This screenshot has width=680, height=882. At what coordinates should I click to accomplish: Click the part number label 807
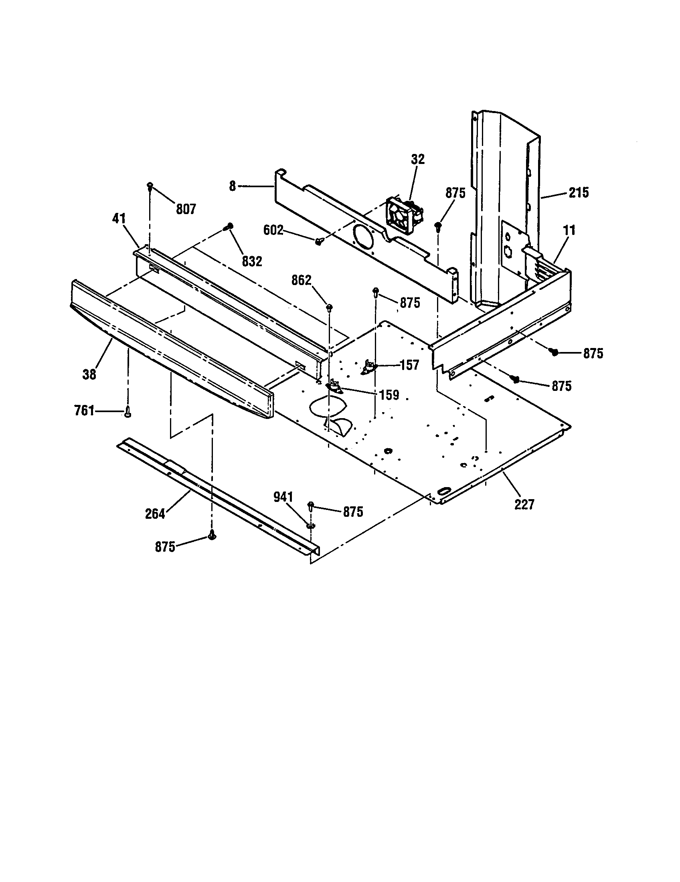186,209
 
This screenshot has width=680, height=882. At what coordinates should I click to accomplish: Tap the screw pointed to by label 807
150,186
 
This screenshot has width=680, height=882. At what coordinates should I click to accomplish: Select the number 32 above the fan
418,160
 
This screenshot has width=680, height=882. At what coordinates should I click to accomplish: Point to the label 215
579,192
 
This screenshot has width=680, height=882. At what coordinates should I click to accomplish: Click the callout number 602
273,230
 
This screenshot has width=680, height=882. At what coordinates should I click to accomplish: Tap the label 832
252,261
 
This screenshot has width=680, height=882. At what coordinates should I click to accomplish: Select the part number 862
301,280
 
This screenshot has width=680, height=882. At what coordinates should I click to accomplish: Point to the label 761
84,411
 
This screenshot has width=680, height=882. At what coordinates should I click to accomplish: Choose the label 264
156,514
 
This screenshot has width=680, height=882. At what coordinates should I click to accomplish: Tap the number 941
283,497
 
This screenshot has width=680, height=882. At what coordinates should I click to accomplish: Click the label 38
89,374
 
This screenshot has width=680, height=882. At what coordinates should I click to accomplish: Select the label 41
119,219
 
